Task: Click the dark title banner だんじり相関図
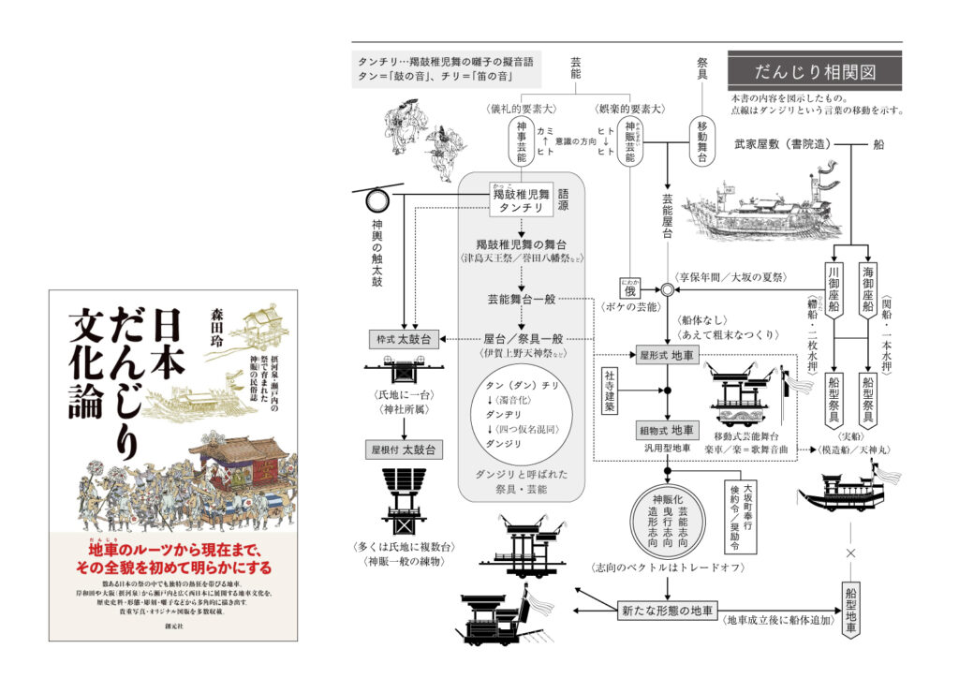pos(814,71)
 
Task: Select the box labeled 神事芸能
pos(521,142)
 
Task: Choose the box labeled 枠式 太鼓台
pos(403,338)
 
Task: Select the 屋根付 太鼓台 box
pos(403,450)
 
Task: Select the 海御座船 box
pos(868,290)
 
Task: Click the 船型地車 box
pos(850,610)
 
